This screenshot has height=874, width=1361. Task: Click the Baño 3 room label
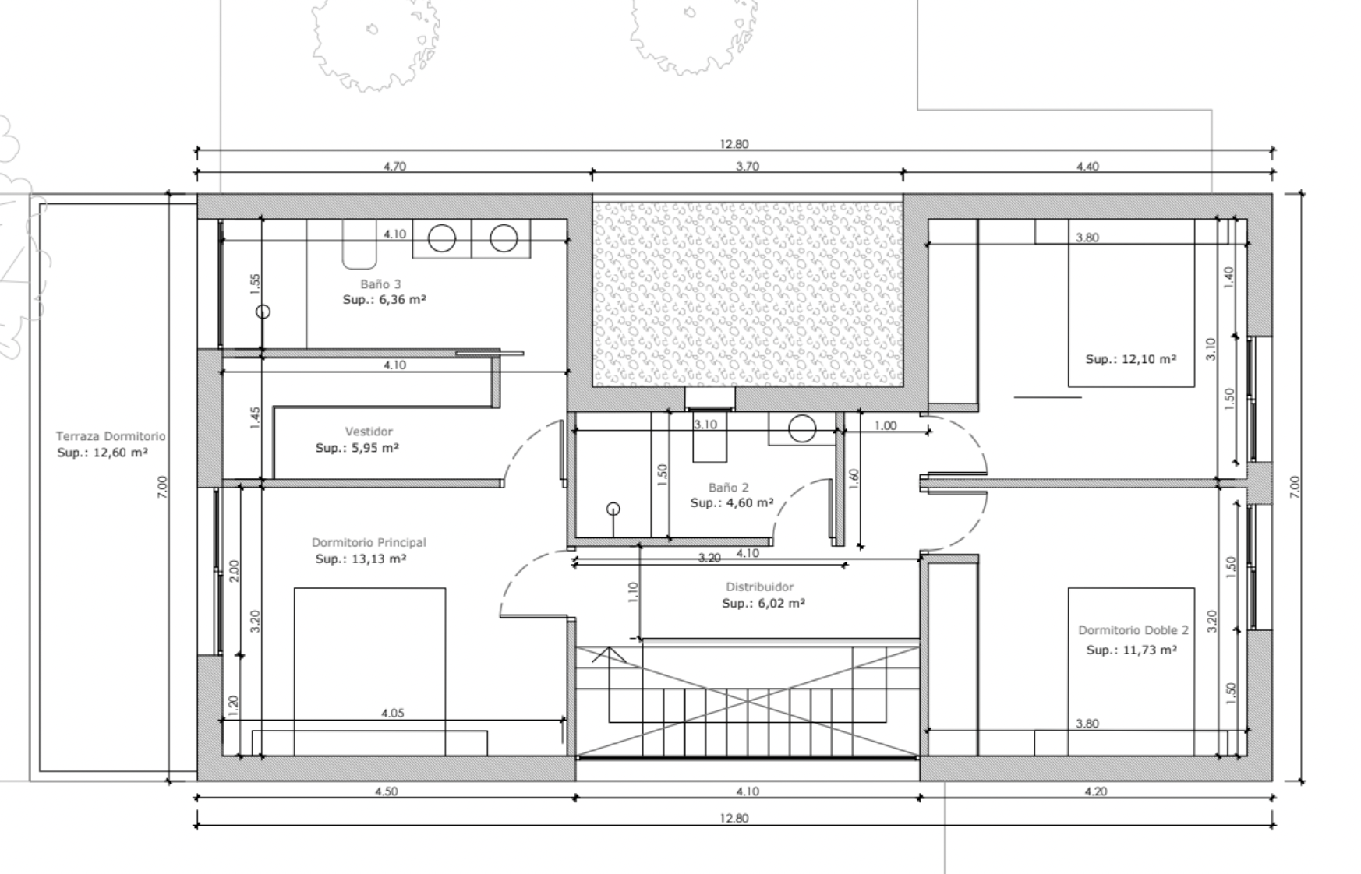[380, 284]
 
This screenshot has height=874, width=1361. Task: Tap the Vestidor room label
[369, 432]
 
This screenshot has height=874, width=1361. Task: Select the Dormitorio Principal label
[369, 542]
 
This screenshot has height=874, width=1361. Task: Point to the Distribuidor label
[759, 587]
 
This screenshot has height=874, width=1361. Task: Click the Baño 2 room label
[728, 487]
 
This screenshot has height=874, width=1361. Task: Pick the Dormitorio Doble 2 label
[1133, 630]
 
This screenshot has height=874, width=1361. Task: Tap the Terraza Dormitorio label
[111, 436]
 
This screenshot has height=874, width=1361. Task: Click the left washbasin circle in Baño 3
[442, 238]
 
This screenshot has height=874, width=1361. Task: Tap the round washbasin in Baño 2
[802, 428]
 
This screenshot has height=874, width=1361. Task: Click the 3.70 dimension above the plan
[747, 166]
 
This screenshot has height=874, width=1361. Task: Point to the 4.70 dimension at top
[394, 166]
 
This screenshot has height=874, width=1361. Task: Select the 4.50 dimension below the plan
[386, 791]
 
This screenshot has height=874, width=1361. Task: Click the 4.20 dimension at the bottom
[1095, 791]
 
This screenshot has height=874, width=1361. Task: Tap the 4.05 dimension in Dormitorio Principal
[392, 713]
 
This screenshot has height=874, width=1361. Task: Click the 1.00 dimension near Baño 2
[886, 425]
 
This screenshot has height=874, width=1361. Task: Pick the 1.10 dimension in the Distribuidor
[632, 593]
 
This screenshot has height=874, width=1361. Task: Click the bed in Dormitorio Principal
[369, 671]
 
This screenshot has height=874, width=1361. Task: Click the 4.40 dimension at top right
[1087, 166]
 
